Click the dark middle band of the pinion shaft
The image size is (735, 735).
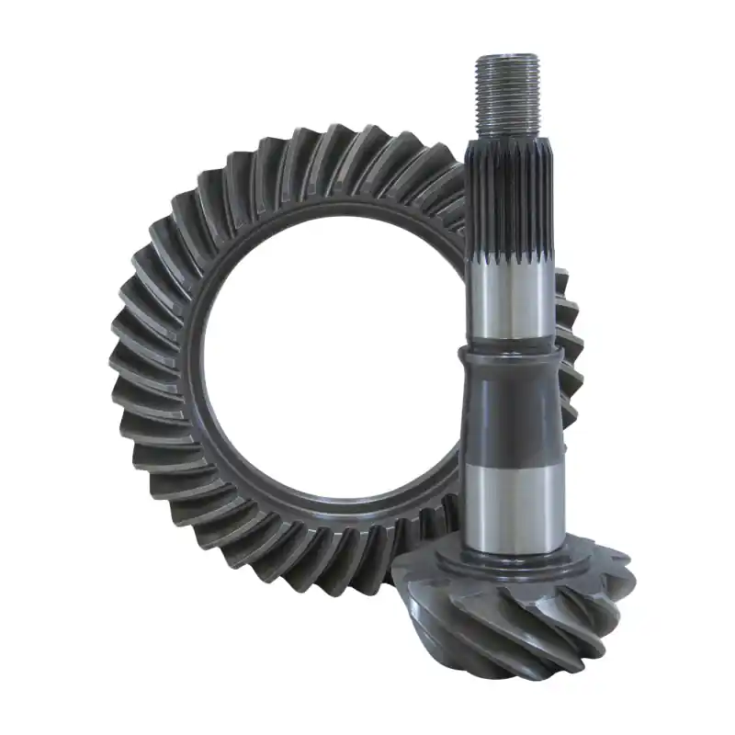coord(510,413)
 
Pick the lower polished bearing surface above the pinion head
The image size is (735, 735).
coord(510,505)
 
